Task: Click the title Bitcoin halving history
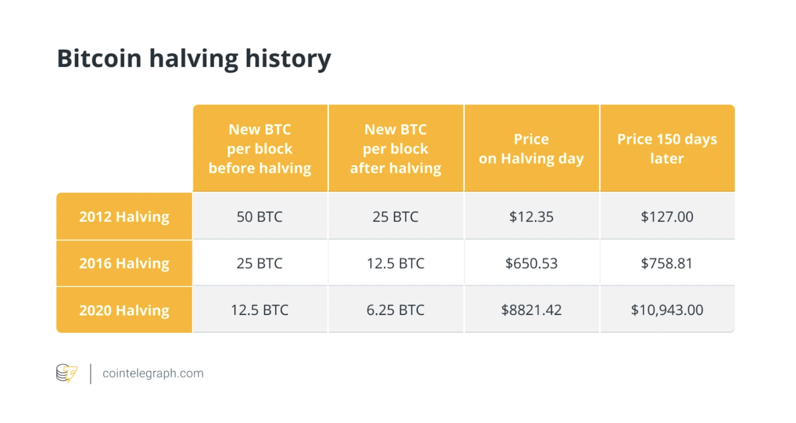pyautogui.click(x=194, y=59)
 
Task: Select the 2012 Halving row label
pyautogui.click(x=124, y=217)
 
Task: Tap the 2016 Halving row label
pyautogui.click(x=124, y=263)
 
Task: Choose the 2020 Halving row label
pyautogui.click(x=124, y=310)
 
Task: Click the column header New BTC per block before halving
pyautogui.click(x=260, y=149)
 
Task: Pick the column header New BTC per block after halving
pyautogui.click(x=396, y=149)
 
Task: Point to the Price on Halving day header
pyautogui.click(x=531, y=149)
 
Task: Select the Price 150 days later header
pyautogui.click(x=667, y=149)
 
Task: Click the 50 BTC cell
pyautogui.click(x=259, y=217)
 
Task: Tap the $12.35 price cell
pyautogui.click(x=531, y=217)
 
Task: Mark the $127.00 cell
pyautogui.click(x=667, y=217)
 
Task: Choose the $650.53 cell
pyautogui.click(x=531, y=263)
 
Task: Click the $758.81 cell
pyautogui.click(x=667, y=263)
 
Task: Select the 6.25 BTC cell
pyautogui.click(x=396, y=310)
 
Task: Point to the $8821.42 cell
pyautogui.click(x=531, y=310)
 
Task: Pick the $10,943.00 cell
pyautogui.click(x=667, y=310)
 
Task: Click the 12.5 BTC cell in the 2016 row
pyautogui.click(x=396, y=263)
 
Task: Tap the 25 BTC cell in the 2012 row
pyautogui.click(x=396, y=217)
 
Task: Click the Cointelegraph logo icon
pyautogui.click(x=66, y=373)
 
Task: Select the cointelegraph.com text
pyautogui.click(x=153, y=374)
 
